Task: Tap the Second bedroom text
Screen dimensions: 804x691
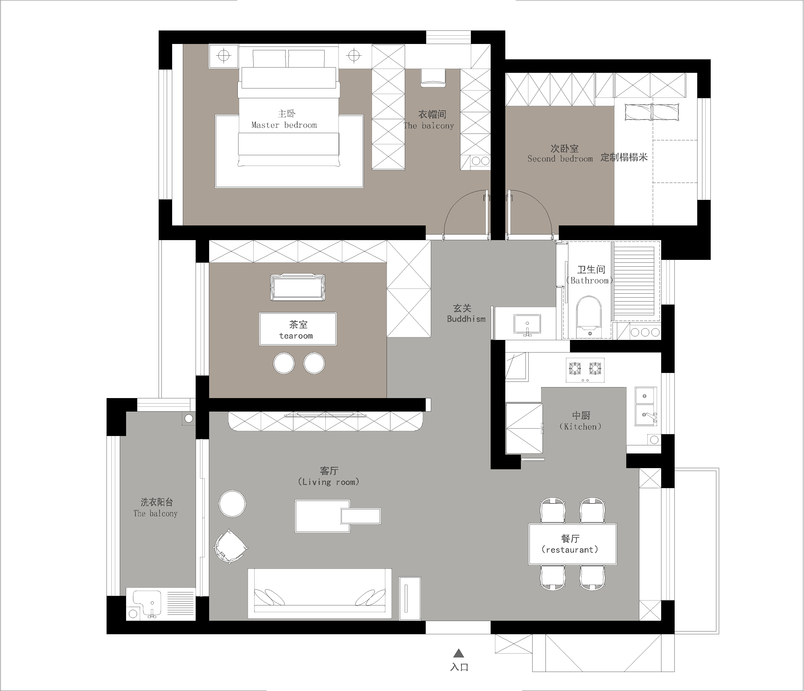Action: click(560, 159)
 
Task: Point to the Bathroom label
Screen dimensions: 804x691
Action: click(590, 281)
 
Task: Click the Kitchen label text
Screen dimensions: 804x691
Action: click(580, 426)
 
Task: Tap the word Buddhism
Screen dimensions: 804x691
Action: click(466, 319)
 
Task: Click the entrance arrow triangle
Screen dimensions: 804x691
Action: click(459, 653)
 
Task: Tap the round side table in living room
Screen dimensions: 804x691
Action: click(232, 504)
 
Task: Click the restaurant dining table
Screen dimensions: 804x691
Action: click(573, 544)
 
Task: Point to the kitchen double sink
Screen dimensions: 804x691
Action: click(646, 406)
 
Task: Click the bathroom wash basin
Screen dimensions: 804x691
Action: click(527, 324)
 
